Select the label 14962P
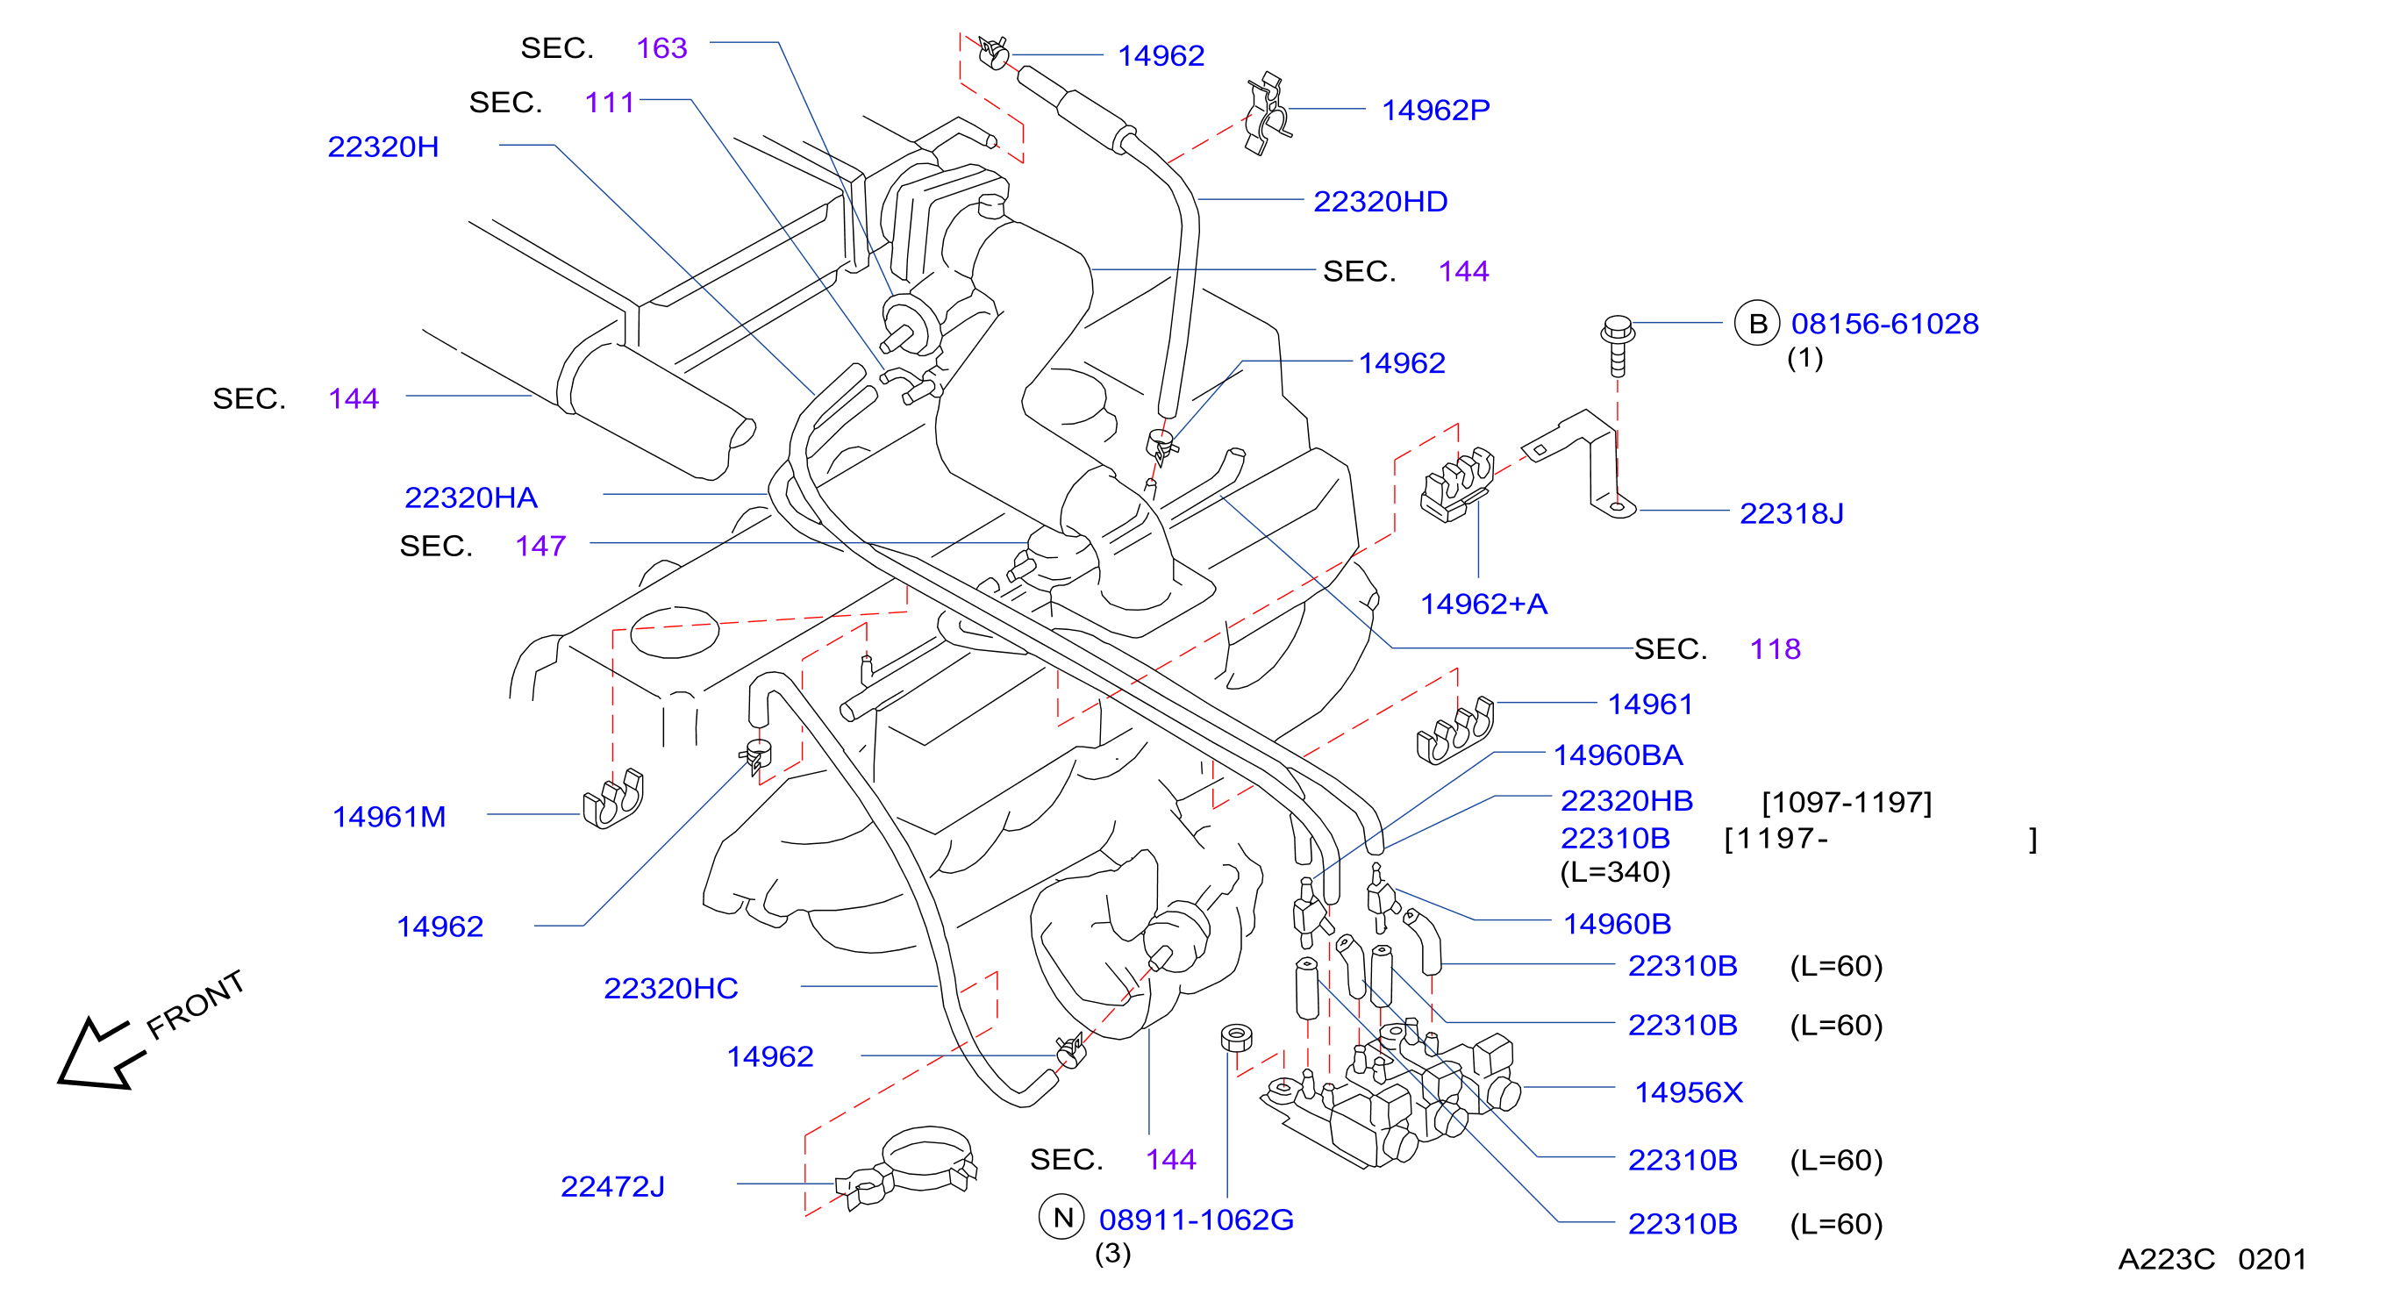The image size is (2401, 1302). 1435,110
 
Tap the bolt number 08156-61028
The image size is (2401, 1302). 1884,324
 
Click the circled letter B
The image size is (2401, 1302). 1757,324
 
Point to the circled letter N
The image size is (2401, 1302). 1061,1217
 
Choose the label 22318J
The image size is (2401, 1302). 1791,513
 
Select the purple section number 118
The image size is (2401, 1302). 1775,648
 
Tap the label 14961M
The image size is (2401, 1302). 389,817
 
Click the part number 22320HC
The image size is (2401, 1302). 670,988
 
